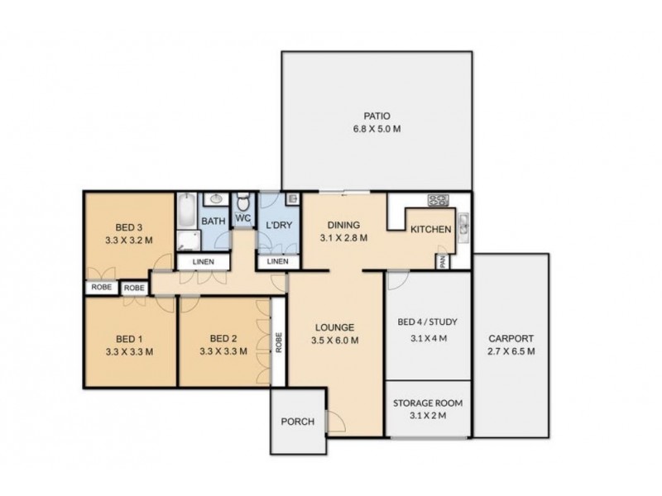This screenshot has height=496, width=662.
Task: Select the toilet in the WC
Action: click(x=243, y=203)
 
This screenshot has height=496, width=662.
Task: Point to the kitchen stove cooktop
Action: click(x=438, y=200)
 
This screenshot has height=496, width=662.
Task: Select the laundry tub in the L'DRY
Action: click(x=293, y=199)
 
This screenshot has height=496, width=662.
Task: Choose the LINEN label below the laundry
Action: click(x=277, y=262)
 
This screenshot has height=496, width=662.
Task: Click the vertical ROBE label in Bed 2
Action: click(x=279, y=342)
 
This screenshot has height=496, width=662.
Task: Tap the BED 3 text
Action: click(x=127, y=229)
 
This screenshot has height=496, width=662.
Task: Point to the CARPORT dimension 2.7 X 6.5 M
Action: click(x=511, y=351)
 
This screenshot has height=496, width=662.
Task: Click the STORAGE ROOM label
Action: click(x=429, y=403)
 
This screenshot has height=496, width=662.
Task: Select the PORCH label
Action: click(x=297, y=422)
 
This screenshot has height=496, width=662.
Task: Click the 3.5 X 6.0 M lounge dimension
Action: click(x=335, y=339)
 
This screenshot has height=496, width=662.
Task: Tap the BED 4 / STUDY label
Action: click(x=429, y=322)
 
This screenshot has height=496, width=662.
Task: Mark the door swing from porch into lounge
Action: click(x=335, y=422)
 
